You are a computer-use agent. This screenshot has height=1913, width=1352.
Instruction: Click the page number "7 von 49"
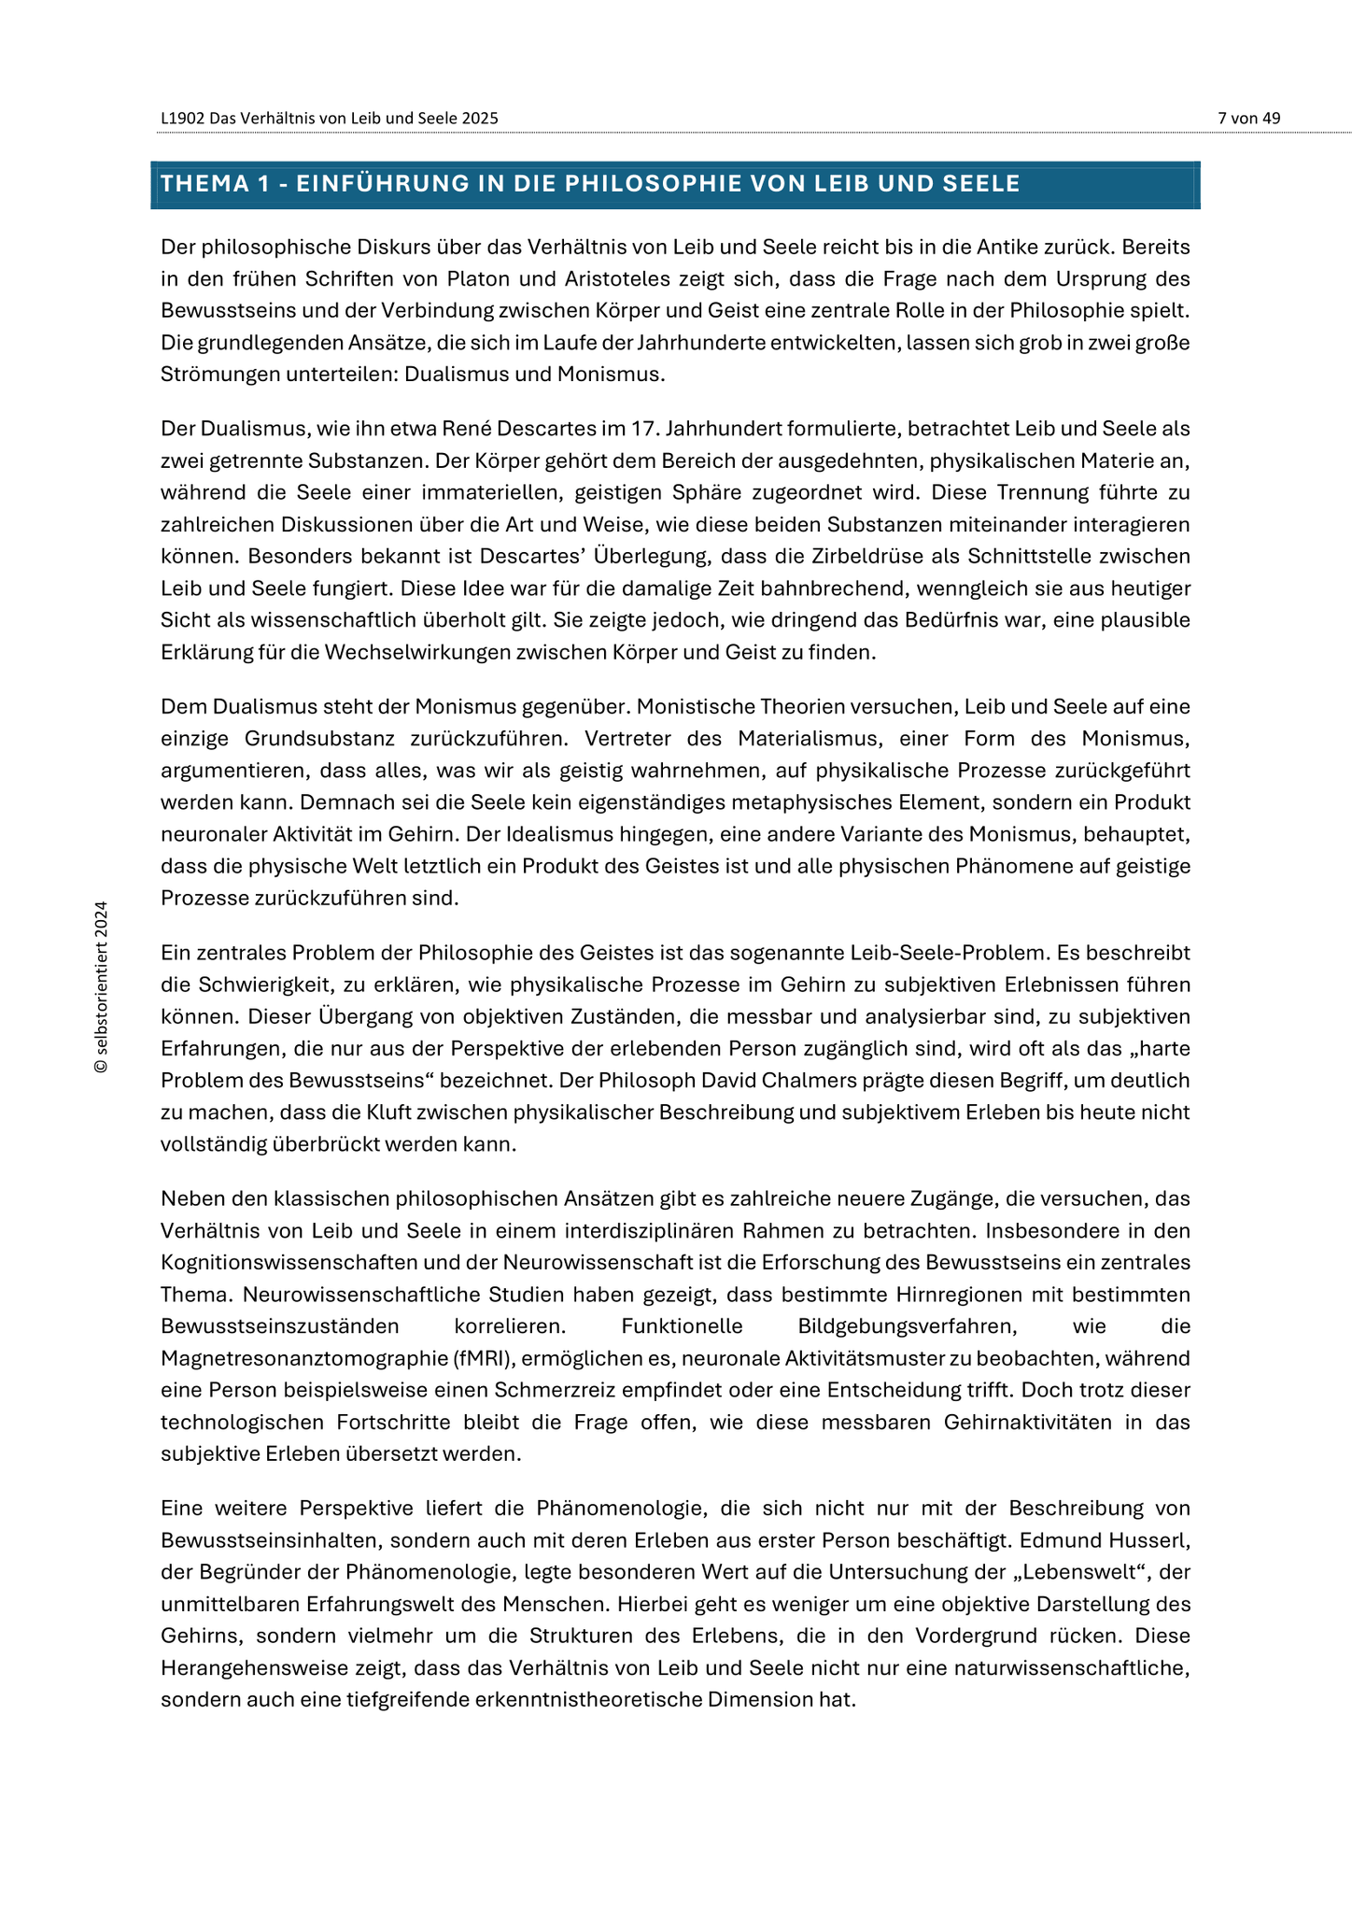(1248, 118)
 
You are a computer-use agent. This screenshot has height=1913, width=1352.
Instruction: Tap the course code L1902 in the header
(182, 119)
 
